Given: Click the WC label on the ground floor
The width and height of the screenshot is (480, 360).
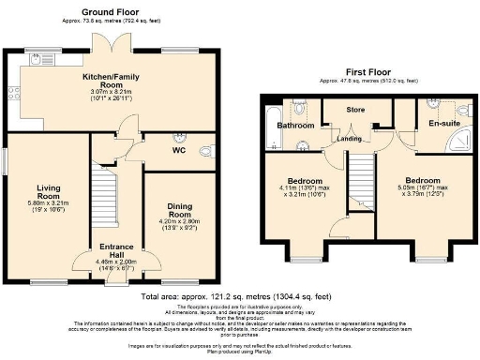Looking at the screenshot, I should click(x=177, y=149).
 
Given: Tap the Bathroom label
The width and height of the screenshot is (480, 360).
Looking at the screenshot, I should click(x=294, y=125).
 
